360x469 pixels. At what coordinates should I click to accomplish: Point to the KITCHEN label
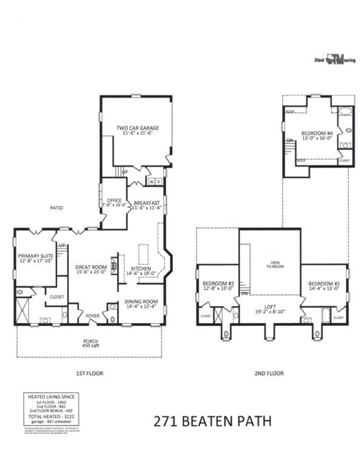tap(141, 270)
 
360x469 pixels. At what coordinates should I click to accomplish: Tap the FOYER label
tap(92, 316)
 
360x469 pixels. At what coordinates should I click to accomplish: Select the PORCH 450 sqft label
tap(90, 344)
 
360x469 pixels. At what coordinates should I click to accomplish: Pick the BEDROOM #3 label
tap(218, 286)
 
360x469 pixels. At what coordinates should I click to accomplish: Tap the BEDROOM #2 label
tap(324, 286)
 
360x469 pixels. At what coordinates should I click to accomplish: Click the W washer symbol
tap(152, 181)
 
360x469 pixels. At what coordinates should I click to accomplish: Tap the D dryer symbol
tap(158, 181)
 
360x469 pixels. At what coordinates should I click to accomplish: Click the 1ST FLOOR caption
tap(91, 373)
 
